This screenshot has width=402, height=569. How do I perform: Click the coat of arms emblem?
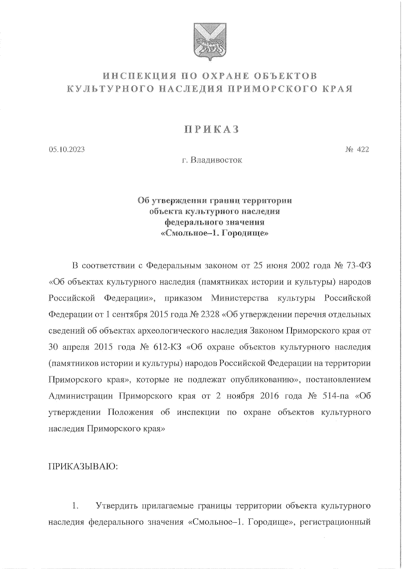point(210,41)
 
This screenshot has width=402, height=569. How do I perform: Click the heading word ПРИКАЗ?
point(211,130)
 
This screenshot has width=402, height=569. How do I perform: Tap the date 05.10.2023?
point(66,149)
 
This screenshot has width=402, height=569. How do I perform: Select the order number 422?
point(363,149)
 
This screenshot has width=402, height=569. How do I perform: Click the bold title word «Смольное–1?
point(185,234)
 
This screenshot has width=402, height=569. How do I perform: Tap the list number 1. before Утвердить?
point(75,506)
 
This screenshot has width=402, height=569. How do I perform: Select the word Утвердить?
point(117,506)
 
